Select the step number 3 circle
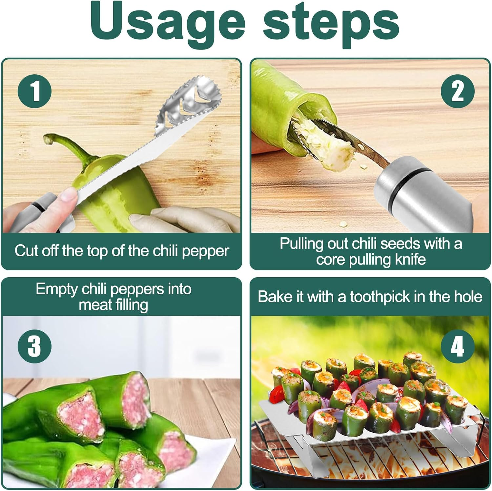[x=34, y=346]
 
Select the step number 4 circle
[x=457, y=346]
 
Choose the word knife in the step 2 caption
[x=410, y=260]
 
